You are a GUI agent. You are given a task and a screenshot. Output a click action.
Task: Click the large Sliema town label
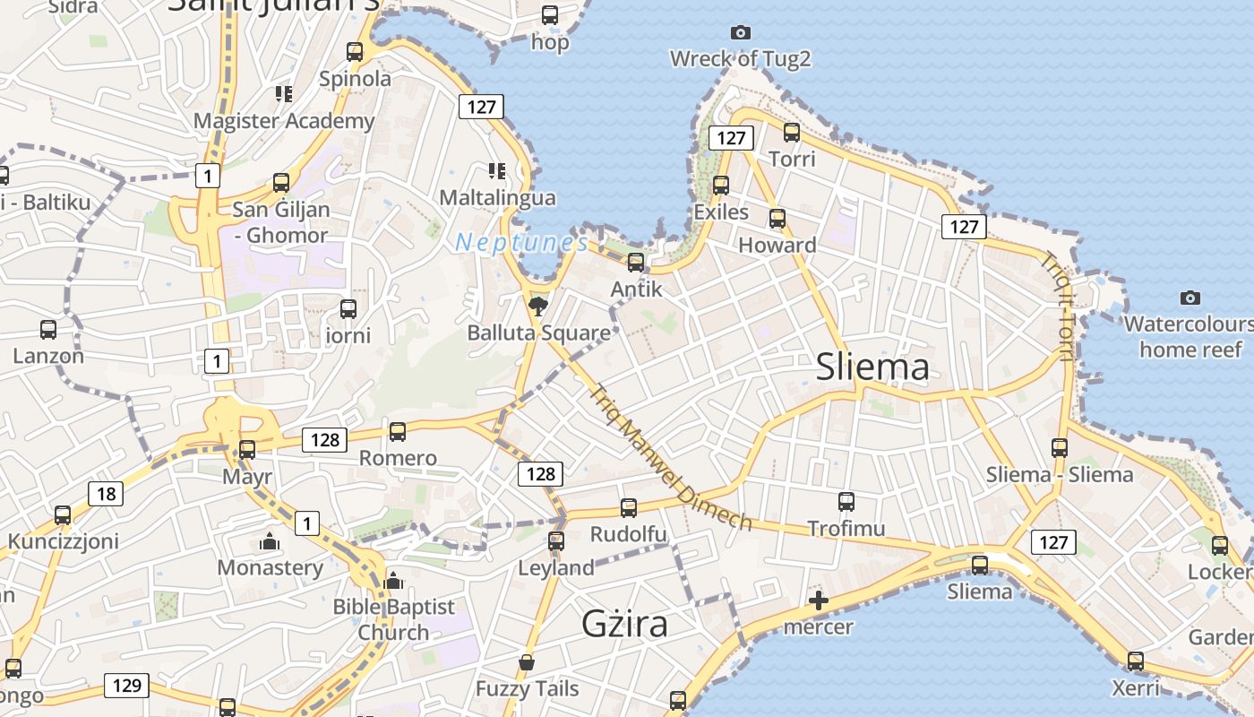tap(872, 367)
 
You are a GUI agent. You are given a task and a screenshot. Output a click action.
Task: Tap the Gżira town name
tap(624, 623)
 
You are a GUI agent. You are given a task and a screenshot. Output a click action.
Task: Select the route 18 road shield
tap(106, 493)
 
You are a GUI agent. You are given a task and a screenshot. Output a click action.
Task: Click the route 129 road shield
tap(126, 686)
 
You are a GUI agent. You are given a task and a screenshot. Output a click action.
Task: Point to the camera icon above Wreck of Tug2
tap(741, 32)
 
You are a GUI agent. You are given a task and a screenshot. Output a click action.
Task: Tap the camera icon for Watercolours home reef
tap(1190, 298)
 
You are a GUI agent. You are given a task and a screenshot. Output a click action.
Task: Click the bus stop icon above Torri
tap(792, 133)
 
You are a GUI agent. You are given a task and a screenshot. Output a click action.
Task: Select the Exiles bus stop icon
tap(721, 186)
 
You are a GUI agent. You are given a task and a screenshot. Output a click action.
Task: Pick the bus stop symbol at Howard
tap(777, 219)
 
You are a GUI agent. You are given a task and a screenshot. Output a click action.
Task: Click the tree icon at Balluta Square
tap(537, 307)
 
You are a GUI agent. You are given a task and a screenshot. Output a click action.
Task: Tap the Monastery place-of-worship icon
tap(269, 541)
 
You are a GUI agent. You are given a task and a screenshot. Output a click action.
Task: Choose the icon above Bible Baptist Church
tap(393, 581)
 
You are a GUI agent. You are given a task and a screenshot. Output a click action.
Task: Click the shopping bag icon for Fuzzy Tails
tap(527, 662)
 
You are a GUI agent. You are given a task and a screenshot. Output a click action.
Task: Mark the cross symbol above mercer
tap(818, 600)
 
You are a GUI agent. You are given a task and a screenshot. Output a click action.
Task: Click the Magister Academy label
tap(284, 120)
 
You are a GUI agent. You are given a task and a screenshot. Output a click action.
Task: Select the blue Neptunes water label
tap(521, 243)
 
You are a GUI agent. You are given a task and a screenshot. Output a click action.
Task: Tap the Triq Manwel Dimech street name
tap(670, 457)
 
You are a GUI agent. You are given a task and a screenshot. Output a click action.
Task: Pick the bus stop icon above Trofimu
tap(846, 502)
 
